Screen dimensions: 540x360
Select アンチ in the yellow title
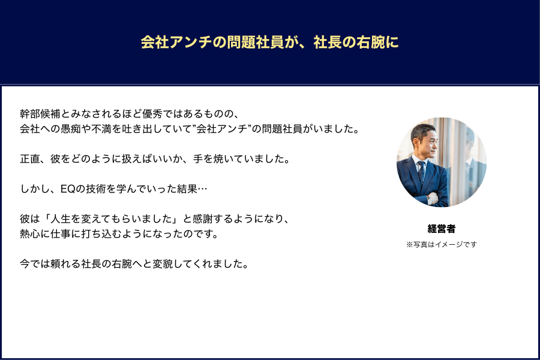191,43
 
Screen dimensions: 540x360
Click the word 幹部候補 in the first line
40,113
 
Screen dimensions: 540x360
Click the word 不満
101,129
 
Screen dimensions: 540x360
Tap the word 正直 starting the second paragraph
30,159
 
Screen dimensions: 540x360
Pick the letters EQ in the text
67,189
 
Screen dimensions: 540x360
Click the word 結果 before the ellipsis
187,189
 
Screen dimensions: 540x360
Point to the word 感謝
203,219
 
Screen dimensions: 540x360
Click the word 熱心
30,234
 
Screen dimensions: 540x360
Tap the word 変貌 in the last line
163,264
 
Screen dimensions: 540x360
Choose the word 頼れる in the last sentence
65,264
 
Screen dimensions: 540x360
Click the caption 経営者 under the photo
442,229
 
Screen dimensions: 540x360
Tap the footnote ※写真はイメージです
442,244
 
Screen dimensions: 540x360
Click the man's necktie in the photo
421,172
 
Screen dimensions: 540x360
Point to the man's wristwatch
430,199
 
